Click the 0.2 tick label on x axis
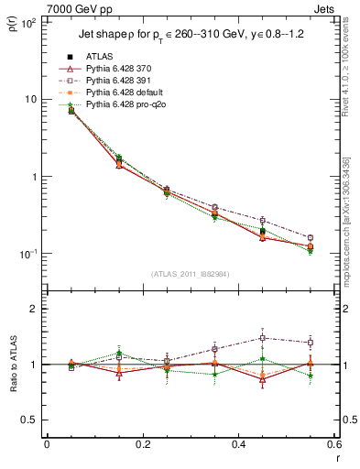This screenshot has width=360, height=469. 142,446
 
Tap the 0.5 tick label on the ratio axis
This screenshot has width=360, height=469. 29,420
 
